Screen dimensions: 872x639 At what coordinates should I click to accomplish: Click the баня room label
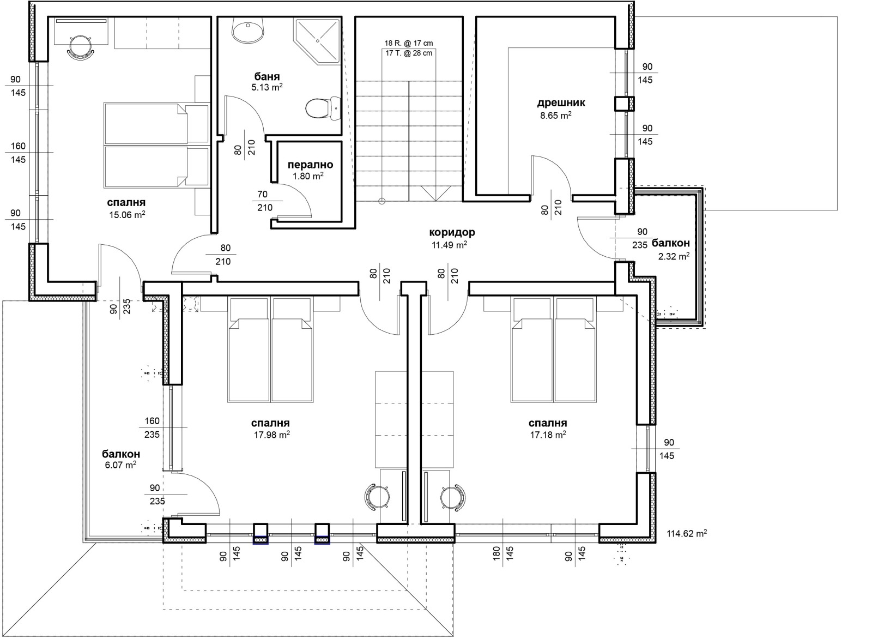(x=267, y=76)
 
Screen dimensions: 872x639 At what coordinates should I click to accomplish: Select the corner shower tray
(x=317, y=41)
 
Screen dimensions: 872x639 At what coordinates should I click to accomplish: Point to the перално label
(x=310, y=165)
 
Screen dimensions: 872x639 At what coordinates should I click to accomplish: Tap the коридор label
(x=452, y=232)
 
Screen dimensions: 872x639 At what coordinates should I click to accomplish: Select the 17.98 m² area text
(x=272, y=434)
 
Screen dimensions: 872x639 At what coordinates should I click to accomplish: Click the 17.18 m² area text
(x=548, y=434)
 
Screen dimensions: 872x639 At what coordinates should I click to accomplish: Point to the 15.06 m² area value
(x=128, y=214)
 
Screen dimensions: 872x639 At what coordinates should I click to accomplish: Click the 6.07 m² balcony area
(x=120, y=465)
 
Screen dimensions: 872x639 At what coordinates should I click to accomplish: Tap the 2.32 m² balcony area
(x=674, y=256)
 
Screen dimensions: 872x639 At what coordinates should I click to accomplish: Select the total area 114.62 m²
(x=687, y=533)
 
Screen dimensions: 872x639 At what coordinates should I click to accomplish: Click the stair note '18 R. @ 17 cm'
(x=409, y=43)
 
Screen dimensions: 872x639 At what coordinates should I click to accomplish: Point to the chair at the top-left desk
(x=81, y=47)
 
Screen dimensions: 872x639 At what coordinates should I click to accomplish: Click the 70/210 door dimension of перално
(x=265, y=201)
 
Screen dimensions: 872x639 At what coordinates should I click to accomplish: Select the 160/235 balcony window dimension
(x=152, y=427)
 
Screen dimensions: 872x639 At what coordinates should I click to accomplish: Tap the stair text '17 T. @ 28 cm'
(x=409, y=53)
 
